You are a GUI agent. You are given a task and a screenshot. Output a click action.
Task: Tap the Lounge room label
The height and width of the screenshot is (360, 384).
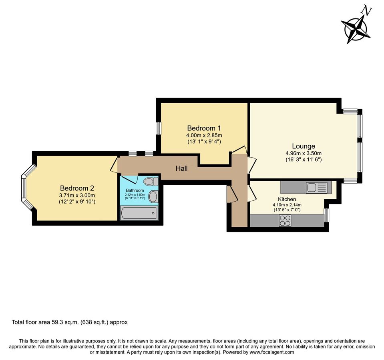(303, 146)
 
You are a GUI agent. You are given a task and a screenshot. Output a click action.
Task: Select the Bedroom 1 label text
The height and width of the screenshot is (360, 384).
(204, 128)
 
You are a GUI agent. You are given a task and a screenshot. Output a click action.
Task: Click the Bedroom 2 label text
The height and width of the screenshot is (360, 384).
(77, 188)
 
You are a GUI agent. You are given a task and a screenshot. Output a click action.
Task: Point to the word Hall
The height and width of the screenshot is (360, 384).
(181, 169)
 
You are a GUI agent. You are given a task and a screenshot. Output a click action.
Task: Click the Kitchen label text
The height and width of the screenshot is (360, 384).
(287, 199)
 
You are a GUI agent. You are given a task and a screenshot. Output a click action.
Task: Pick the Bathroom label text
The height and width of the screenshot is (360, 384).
(135, 190)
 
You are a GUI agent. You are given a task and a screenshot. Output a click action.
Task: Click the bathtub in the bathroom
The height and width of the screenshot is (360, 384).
(139, 213)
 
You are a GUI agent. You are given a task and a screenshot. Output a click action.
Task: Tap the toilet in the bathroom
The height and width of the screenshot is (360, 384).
(150, 182)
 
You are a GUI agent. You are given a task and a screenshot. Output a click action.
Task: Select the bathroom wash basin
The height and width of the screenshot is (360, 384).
(153, 196)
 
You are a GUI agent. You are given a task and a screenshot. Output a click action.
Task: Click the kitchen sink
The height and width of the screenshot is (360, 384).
(317, 187)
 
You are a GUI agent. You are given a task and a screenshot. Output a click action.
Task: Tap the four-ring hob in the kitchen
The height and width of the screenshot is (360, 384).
(285, 221)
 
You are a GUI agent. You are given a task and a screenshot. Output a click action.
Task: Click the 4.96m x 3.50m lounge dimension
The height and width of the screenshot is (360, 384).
(303, 153)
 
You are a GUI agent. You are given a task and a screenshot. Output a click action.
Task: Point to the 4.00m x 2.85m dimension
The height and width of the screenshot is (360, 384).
(204, 135)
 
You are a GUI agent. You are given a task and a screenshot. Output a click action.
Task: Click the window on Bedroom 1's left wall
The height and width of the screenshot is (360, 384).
(159, 128)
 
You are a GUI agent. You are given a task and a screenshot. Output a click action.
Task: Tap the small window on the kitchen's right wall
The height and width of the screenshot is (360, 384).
(326, 215)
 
